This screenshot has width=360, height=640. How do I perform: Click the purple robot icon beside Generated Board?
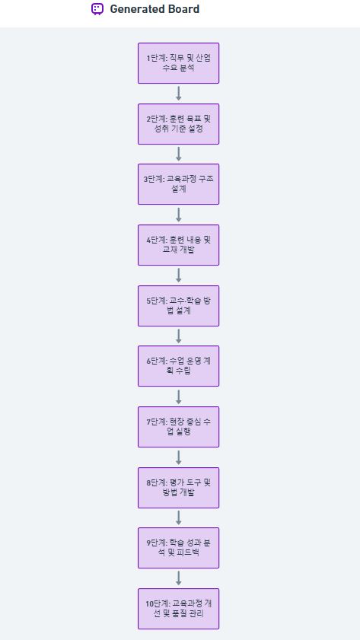pos(97,9)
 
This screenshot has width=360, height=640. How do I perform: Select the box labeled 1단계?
pos(178,63)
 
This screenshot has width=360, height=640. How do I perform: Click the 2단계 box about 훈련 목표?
pos(178,124)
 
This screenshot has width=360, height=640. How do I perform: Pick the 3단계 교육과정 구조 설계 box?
pos(178,184)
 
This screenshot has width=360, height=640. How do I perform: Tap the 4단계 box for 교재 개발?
pos(178,245)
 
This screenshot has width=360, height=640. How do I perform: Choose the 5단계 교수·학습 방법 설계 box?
pos(178,306)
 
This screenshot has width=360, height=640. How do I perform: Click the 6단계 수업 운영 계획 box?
pos(178,366)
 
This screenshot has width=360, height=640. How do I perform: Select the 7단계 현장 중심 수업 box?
pos(178,426)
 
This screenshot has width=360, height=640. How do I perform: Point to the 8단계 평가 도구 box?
pos(178,487)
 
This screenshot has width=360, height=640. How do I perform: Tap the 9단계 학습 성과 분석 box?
pos(178,548)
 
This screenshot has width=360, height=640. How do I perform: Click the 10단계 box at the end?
pos(178,609)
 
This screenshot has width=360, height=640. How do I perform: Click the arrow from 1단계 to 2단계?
pos(178,94)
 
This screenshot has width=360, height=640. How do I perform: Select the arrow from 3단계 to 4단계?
pos(178,215)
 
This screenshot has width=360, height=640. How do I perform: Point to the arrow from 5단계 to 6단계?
pos(178,336)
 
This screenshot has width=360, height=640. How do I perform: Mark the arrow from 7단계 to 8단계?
pos(178,457)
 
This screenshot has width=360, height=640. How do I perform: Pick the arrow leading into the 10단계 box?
pos(178,578)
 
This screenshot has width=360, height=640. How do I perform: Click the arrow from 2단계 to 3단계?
pos(178,154)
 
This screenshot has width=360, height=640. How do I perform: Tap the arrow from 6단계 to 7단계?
pos(178,396)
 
